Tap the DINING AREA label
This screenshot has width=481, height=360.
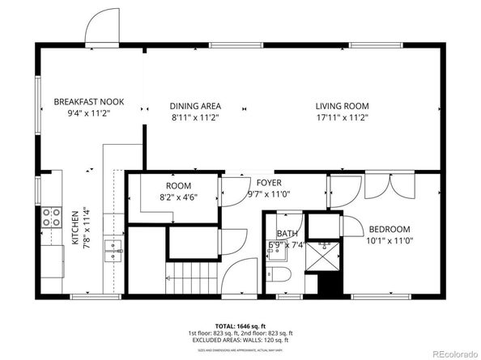(195, 106)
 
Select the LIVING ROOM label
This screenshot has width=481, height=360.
(342, 106)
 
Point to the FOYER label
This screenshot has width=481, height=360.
(269, 182)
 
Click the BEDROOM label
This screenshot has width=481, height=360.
(389, 229)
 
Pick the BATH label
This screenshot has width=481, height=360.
(287, 234)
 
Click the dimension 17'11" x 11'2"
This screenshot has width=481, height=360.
(342, 118)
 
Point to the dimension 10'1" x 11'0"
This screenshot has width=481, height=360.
(389, 240)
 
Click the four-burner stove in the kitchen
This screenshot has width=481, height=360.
(51, 217)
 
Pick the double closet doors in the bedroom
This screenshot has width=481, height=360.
(381, 186)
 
